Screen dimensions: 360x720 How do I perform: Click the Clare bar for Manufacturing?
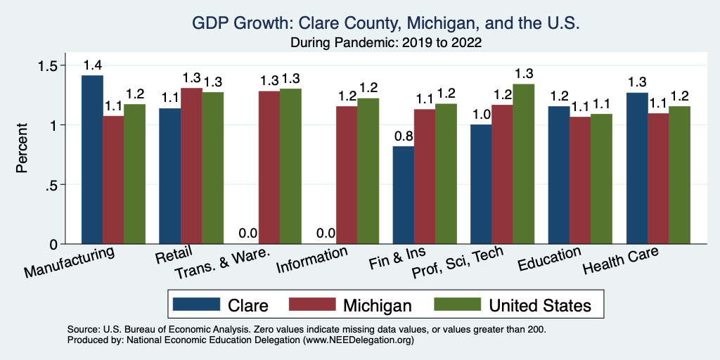pos(92,160)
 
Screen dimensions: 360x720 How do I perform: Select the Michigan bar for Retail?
pos(192,166)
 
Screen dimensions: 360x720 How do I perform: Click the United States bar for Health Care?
pos(679,175)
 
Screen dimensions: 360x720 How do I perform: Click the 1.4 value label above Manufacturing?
pos(92,65)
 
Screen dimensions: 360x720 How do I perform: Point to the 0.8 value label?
pos(403,136)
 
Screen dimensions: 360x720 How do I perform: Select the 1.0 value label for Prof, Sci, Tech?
pos(481,115)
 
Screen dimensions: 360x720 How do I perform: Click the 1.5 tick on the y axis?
pos(47,65)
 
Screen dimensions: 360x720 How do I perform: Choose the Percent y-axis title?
pos(23,149)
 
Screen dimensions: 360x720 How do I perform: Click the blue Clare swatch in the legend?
pos(193,304)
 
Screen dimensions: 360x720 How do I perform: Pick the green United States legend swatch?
pos(455,304)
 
